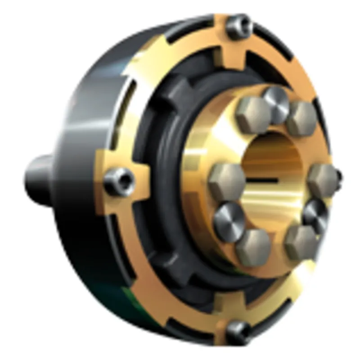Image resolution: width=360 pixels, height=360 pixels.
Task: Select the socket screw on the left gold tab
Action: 120,181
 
